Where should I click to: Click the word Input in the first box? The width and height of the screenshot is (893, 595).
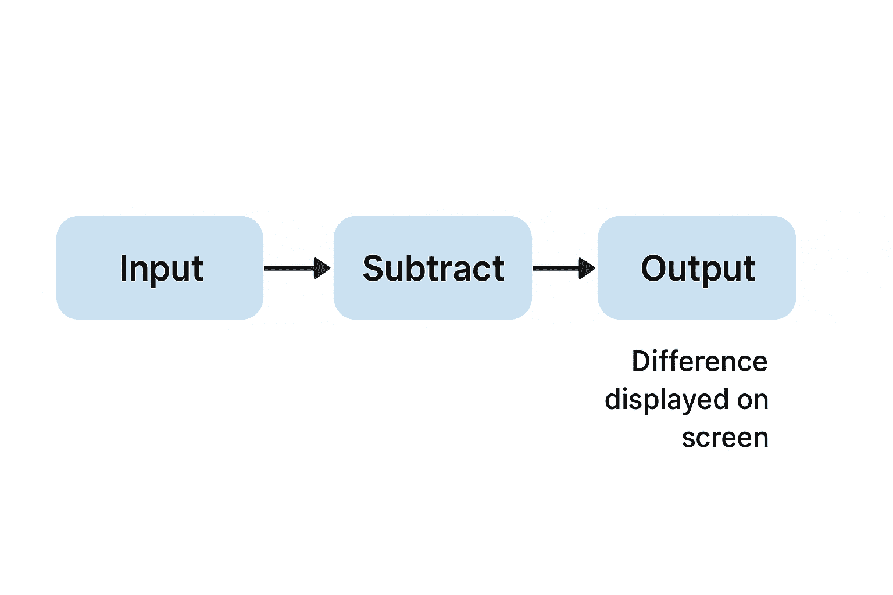(161, 268)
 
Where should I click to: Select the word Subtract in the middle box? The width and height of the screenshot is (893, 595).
(433, 268)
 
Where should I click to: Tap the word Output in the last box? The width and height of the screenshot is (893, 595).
(698, 268)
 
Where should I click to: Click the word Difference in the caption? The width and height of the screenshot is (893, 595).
(699, 361)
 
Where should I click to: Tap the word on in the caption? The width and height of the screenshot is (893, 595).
(753, 400)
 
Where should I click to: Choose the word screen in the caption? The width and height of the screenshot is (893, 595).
(725, 438)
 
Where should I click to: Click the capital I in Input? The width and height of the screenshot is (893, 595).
(123, 268)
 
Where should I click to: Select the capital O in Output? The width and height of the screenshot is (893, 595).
(654, 268)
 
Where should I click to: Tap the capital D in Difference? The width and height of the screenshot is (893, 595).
(640, 361)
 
